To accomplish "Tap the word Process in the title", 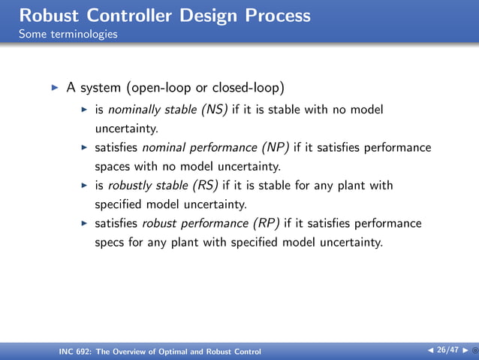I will point(273,15).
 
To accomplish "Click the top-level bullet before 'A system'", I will point(54,88).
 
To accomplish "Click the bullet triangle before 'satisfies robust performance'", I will point(85,223).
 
